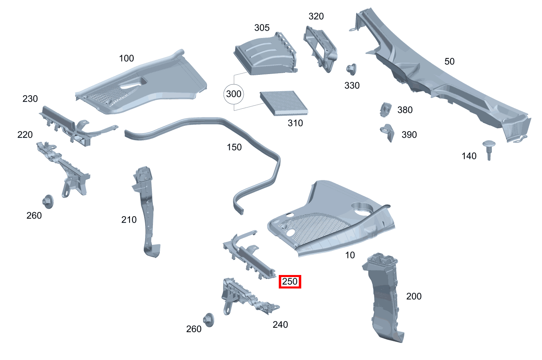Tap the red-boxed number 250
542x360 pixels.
(x=290, y=282)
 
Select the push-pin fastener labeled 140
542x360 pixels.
(x=489, y=149)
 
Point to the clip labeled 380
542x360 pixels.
(x=385, y=110)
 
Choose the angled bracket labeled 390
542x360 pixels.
(x=387, y=132)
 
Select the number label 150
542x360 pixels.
(x=234, y=147)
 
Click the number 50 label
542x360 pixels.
(x=449, y=62)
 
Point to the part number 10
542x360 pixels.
(x=350, y=255)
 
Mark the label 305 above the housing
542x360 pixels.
(x=262, y=28)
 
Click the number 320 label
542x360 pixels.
(x=316, y=16)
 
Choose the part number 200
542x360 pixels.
(x=414, y=296)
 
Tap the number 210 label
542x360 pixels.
(x=129, y=220)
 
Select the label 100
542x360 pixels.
(x=126, y=58)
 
